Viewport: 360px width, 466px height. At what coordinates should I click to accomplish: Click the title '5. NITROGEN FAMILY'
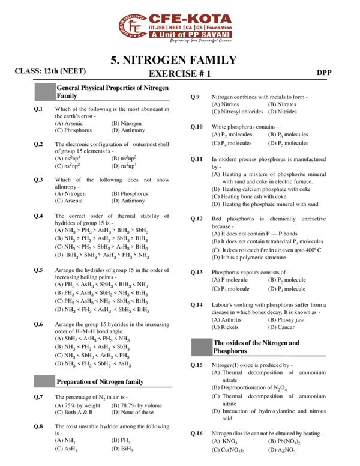pyautogui.click(x=174, y=60)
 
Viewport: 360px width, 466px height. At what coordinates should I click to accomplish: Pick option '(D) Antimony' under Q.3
pyautogui.click(x=128, y=201)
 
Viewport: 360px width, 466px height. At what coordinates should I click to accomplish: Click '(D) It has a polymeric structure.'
pyautogui.click(x=255, y=257)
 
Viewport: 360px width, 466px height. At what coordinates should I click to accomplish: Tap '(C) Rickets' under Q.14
pyautogui.click(x=226, y=327)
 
